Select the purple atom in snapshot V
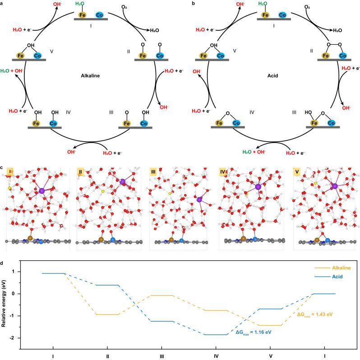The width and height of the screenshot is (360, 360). click(x=335, y=185)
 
